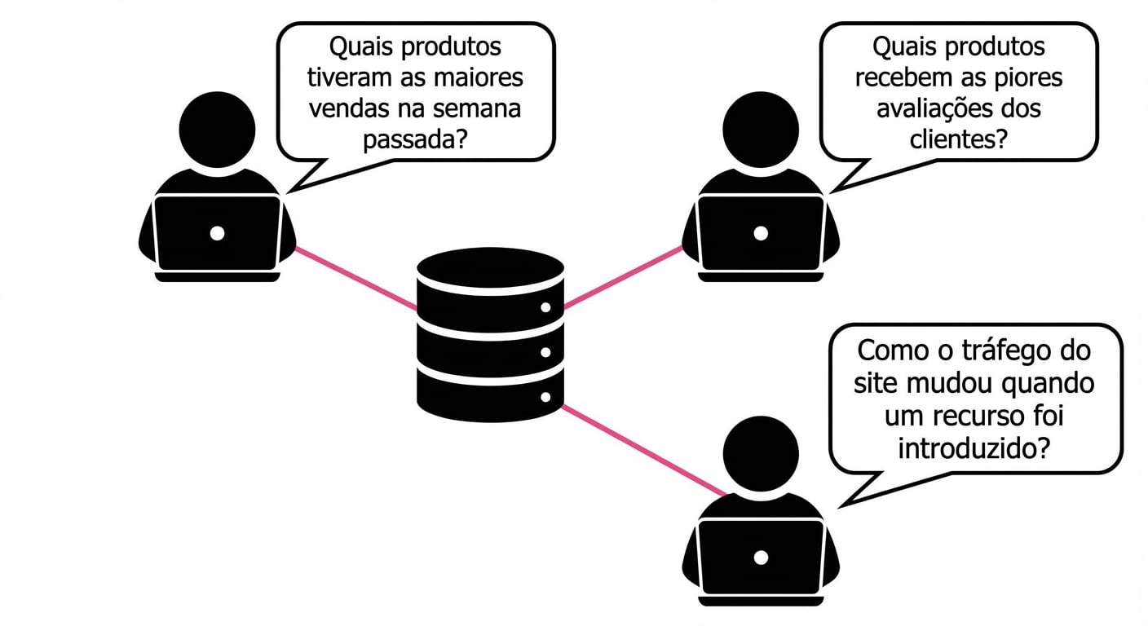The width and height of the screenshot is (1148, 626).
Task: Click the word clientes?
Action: (x=958, y=139)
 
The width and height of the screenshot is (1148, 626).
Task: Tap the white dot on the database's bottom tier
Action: (x=546, y=398)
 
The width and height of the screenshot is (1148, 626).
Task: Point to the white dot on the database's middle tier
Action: (x=546, y=353)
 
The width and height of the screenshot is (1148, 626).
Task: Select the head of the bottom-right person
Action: (x=761, y=454)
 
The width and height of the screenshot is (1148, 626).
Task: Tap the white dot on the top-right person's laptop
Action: (x=761, y=233)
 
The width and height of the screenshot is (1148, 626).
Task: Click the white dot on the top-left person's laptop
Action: (x=217, y=233)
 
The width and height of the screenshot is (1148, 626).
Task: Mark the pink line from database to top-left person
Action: (x=355, y=278)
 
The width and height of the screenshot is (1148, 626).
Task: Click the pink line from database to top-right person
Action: (x=623, y=277)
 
